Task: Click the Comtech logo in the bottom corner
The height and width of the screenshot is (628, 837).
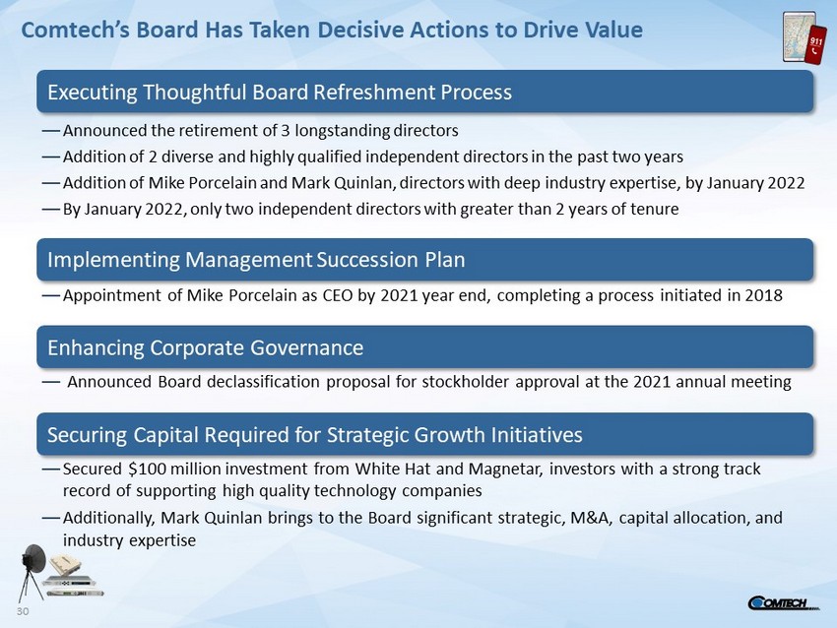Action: pos(784,603)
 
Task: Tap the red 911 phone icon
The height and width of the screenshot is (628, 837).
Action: pos(816,45)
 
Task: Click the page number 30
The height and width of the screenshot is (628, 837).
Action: pos(23,611)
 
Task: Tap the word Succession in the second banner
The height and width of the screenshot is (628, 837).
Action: pos(367,260)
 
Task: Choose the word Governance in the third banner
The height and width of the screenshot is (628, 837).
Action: pos(307,347)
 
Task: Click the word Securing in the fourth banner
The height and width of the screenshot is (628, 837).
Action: pos(87,435)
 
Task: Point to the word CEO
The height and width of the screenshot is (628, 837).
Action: pos(338,295)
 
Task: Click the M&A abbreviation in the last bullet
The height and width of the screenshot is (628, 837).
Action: pos(592,518)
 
